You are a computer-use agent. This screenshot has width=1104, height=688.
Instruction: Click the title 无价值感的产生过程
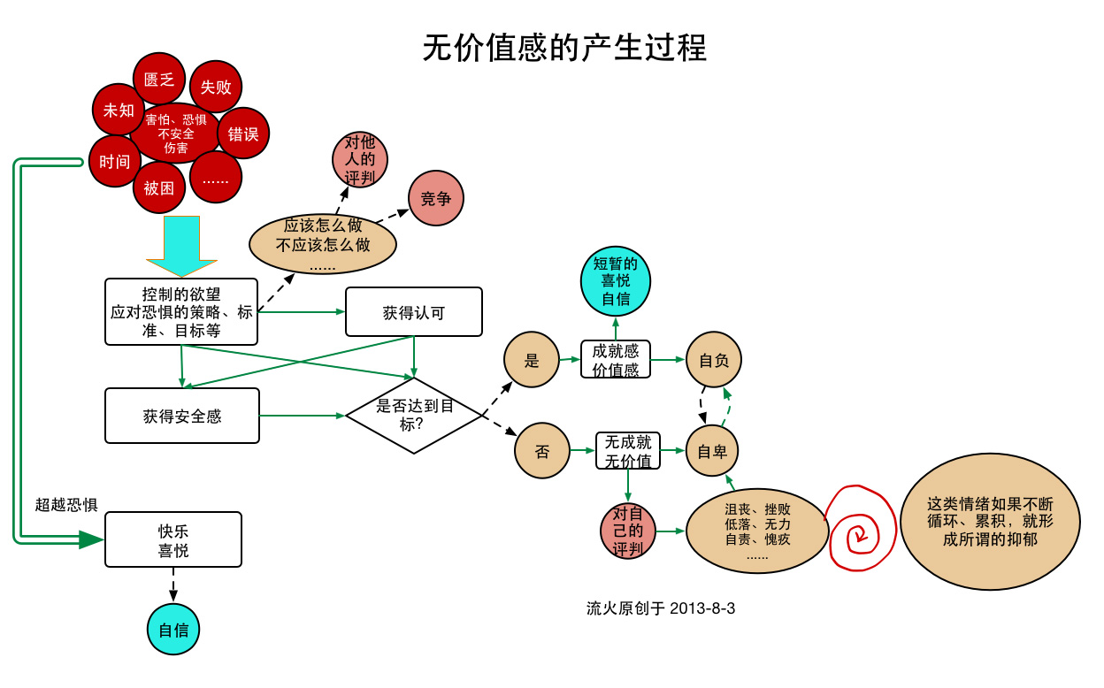tap(564, 47)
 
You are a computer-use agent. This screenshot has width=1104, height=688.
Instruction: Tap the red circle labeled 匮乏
tap(159, 80)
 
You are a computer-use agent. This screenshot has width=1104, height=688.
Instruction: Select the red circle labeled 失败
tap(216, 87)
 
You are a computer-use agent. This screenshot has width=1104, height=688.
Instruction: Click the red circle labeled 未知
tap(119, 111)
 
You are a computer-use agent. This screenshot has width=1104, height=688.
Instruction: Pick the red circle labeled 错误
tap(243, 134)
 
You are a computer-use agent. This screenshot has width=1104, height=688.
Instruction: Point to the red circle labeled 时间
tap(115, 162)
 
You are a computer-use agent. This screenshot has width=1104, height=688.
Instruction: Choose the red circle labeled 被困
tap(159, 187)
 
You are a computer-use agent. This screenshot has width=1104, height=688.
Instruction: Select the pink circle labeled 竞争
tap(436, 198)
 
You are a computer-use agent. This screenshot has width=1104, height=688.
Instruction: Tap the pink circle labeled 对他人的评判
tap(360, 160)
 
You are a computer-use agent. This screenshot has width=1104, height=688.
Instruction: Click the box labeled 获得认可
tap(414, 312)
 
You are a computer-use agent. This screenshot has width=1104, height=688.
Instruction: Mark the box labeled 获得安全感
tap(182, 416)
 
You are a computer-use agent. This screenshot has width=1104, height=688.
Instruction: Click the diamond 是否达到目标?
tap(414, 415)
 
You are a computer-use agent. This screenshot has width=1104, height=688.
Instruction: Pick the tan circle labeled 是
tap(532, 360)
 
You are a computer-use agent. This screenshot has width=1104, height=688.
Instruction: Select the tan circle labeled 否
tap(542, 451)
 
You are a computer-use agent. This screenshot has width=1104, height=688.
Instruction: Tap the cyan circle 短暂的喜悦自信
tap(616, 281)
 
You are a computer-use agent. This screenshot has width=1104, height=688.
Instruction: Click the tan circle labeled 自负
tap(713, 360)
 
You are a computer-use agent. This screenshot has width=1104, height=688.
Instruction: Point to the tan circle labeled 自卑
tap(712, 451)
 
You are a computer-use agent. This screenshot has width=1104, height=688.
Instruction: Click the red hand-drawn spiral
tap(856, 531)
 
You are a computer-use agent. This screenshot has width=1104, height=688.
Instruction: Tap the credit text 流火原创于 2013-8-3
tap(661, 608)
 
